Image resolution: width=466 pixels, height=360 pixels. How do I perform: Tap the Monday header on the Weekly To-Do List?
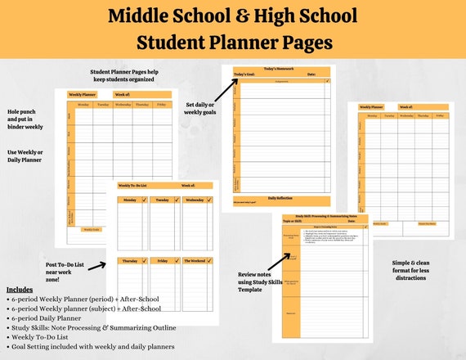coord(131,199)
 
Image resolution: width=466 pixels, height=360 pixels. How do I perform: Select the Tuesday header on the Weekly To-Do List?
coord(163,199)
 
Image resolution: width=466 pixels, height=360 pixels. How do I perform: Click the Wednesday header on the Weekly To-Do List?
coord(195,199)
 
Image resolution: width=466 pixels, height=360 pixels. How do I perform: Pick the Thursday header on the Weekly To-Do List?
coord(131,261)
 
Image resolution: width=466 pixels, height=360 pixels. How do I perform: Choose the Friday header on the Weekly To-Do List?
coord(163,261)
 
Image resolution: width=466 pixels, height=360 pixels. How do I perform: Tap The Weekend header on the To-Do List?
coord(195,261)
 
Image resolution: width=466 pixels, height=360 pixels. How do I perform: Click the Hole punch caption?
coord(25,119)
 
